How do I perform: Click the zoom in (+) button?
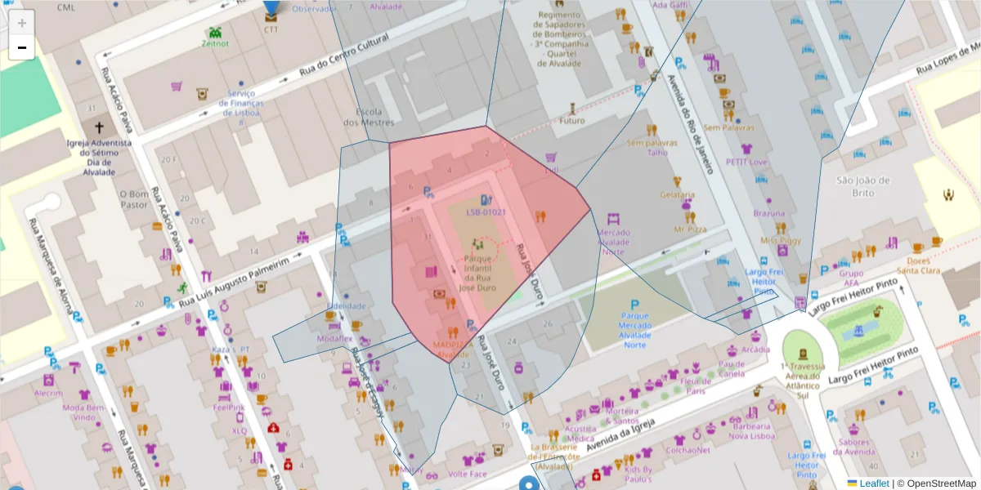coord(22,23)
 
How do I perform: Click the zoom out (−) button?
coord(22,47)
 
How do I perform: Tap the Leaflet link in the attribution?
coord(872,483)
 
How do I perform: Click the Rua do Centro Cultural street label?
coord(353,55)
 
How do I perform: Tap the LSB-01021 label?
coord(486,212)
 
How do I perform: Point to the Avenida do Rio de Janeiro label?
coord(692,115)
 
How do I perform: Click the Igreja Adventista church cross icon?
coord(100,127)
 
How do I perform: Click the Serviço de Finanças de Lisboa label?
coord(241,103)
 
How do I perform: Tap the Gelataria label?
coord(677,195)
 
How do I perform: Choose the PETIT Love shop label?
coord(746,162)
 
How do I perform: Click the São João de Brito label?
coord(862,186)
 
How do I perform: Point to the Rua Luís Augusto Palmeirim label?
coord(234,282)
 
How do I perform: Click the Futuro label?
coord(572,121)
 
